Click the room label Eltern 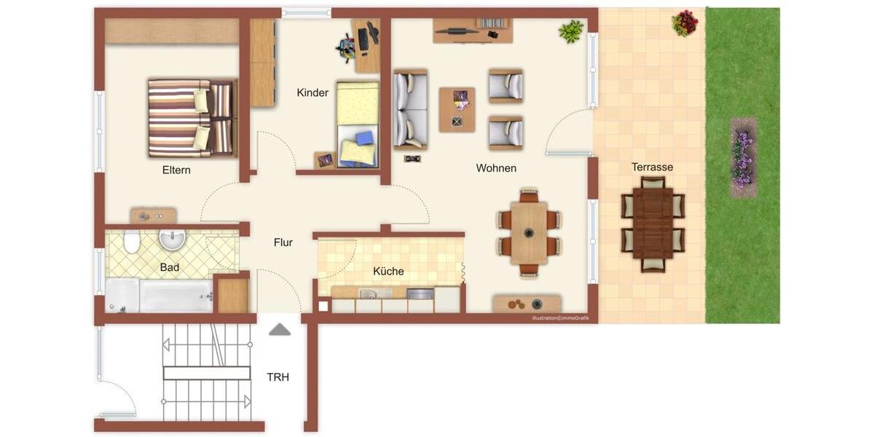coord(176,170)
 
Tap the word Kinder coord(312,93)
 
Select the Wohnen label coord(496,168)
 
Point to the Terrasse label coord(652,168)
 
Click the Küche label coord(388,272)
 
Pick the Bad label coord(170,268)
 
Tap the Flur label coord(283,243)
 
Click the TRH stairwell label coord(277,377)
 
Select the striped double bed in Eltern coord(191,118)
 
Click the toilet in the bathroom coord(131,241)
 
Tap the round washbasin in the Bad coord(173,239)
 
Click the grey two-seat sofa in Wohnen coord(410,109)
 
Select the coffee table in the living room coord(457,109)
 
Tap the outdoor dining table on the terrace coord(653,224)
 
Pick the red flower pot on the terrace coord(685,23)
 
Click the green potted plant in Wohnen coord(572,31)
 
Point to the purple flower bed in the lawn coord(742,158)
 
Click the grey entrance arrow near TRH coord(280,329)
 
